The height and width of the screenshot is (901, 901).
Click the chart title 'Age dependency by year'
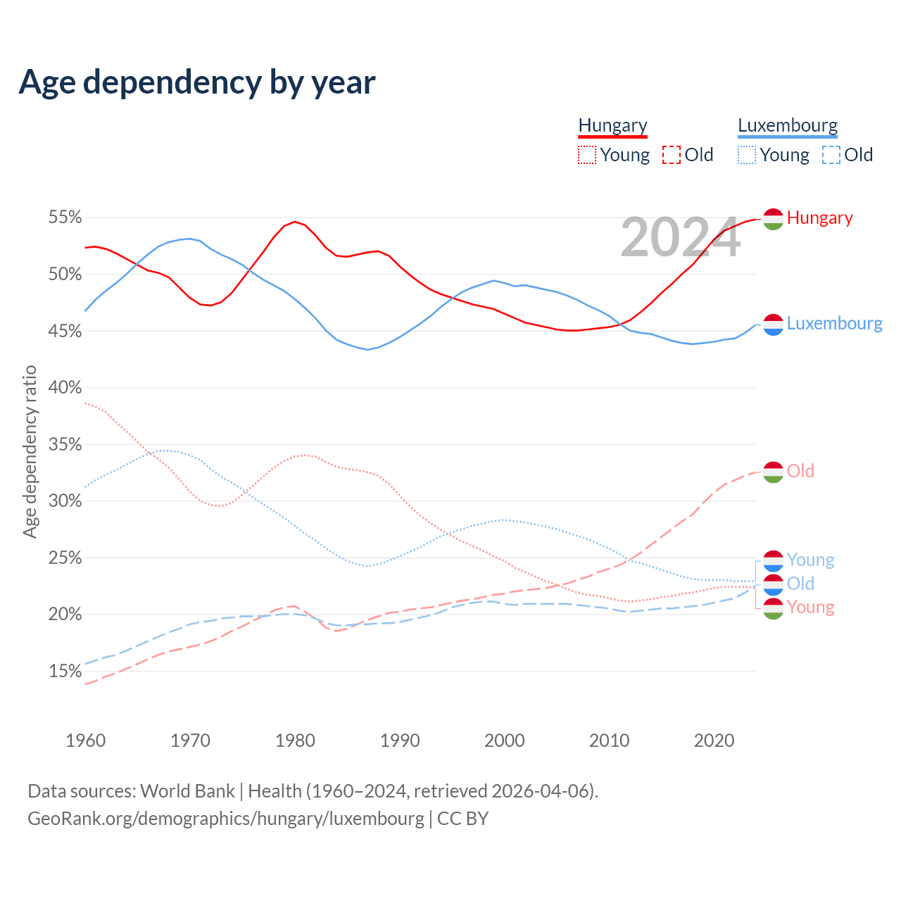[x=197, y=82]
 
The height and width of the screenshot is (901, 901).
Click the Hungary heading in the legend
[x=612, y=125]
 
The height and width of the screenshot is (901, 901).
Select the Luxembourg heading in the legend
[x=788, y=125]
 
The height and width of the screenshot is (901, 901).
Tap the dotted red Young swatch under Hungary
[x=587, y=155]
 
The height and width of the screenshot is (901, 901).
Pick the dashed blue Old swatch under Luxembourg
[x=831, y=155]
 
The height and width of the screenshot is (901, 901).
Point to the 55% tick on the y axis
[x=65, y=217]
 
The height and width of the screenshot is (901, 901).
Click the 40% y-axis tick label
[x=65, y=387]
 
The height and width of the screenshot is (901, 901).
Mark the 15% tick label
[x=65, y=671]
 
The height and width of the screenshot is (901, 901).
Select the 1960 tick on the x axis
[x=85, y=741]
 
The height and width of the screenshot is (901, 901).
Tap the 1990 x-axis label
[x=400, y=741]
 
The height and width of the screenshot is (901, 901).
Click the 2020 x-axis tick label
[x=714, y=741]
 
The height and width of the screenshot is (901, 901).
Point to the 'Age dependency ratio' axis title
[x=30, y=451]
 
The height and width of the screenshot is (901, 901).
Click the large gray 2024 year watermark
[x=680, y=237]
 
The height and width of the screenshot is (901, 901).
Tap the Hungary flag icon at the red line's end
[x=773, y=219]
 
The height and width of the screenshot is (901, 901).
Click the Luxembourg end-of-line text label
[x=834, y=323]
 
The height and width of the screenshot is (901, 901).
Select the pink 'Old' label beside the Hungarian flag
[x=800, y=471]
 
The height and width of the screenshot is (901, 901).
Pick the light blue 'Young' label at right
[x=810, y=560]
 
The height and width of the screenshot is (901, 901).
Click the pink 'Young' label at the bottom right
[x=810, y=607]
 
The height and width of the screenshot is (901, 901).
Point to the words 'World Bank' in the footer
[x=187, y=790]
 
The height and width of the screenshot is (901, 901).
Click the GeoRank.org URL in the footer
[x=226, y=819]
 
